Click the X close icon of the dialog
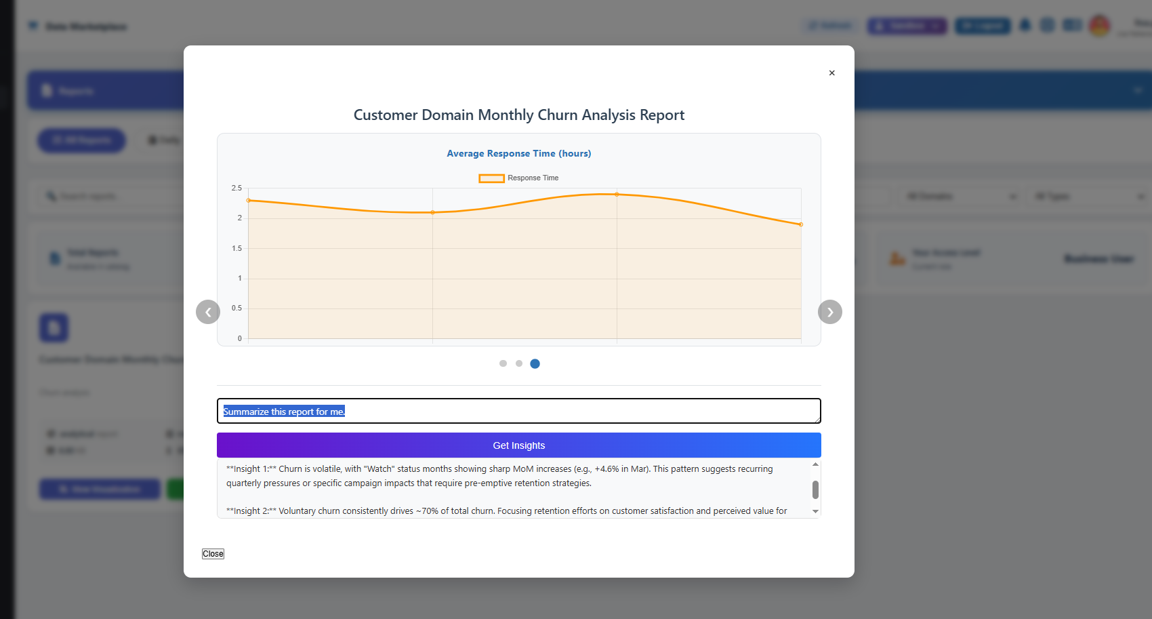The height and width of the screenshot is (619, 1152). click(x=831, y=73)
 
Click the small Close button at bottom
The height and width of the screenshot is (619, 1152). click(x=213, y=554)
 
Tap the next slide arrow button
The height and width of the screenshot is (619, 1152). click(x=829, y=312)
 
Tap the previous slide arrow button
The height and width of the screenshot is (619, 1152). click(x=208, y=312)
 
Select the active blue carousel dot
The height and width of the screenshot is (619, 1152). click(x=535, y=363)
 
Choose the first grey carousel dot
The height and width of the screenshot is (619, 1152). click(x=503, y=363)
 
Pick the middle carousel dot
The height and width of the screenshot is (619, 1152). click(x=519, y=363)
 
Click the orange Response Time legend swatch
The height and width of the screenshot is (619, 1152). click(x=491, y=178)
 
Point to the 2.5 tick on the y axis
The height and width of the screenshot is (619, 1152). click(x=236, y=188)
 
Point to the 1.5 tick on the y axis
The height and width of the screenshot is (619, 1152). click(x=236, y=248)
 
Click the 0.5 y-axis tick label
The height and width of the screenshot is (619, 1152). click(x=236, y=308)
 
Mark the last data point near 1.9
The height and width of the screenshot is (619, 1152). click(x=801, y=224)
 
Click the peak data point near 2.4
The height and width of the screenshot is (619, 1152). click(x=617, y=195)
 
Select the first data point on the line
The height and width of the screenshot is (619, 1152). click(x=249, y=201)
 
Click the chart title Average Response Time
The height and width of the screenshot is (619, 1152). click(x=518, y=153)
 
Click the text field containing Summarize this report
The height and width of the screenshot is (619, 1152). click(x=518, y=411)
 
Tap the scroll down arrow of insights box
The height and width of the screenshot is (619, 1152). click(x=815, y=511)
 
